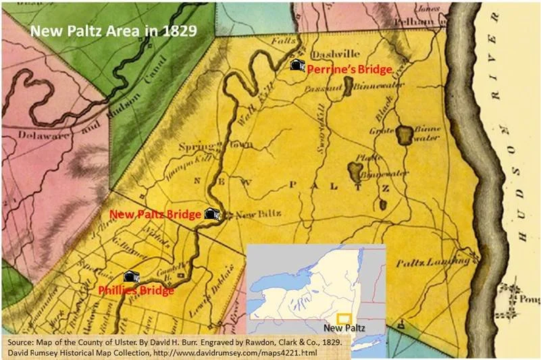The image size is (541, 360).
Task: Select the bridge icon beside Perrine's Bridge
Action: click(296, 65)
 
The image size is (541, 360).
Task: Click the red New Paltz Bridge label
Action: click(155, 214)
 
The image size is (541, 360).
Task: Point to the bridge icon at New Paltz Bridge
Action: click(212, 213)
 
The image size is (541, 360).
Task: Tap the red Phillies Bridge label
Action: click(136, 290)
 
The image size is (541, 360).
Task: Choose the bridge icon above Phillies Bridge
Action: click(130, 276)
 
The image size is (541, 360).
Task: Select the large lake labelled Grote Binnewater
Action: click(405, 136)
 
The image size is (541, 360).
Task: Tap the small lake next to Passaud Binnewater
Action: click(349, 84)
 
